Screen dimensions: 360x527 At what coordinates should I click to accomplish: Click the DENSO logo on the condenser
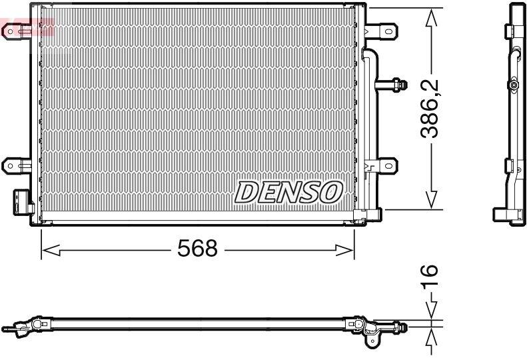(288, 192)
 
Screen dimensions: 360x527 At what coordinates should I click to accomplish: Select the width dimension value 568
(197, 249)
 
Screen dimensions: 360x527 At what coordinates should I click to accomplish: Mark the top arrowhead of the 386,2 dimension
(432, 18)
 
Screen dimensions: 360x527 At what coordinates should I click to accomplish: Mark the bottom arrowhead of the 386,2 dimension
(432, 198)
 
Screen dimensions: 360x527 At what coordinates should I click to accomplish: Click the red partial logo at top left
(27, 28)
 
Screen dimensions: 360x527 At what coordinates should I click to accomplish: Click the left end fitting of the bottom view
(17, 327)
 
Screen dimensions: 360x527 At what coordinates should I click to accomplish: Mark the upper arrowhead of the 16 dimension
(432, 310)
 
